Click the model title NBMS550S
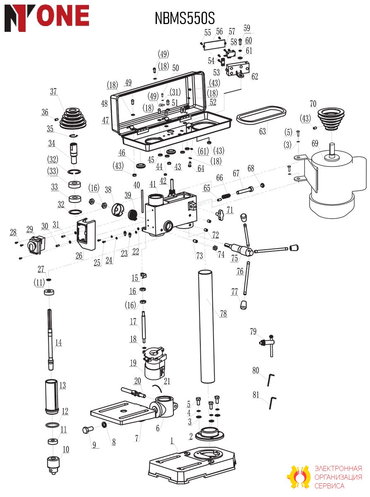click(185, 18)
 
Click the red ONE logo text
click(63, 16)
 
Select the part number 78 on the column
click(223, 313)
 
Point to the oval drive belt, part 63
click(261, 115)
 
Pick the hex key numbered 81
click(272, 403)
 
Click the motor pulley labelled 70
click(331, 119)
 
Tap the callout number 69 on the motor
click(315, 143)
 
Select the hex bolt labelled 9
click(88, 429)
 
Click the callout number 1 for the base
click(172, 441)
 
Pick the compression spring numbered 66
click(226, 196)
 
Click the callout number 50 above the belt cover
click(175, 68)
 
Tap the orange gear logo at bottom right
click(298, 477)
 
